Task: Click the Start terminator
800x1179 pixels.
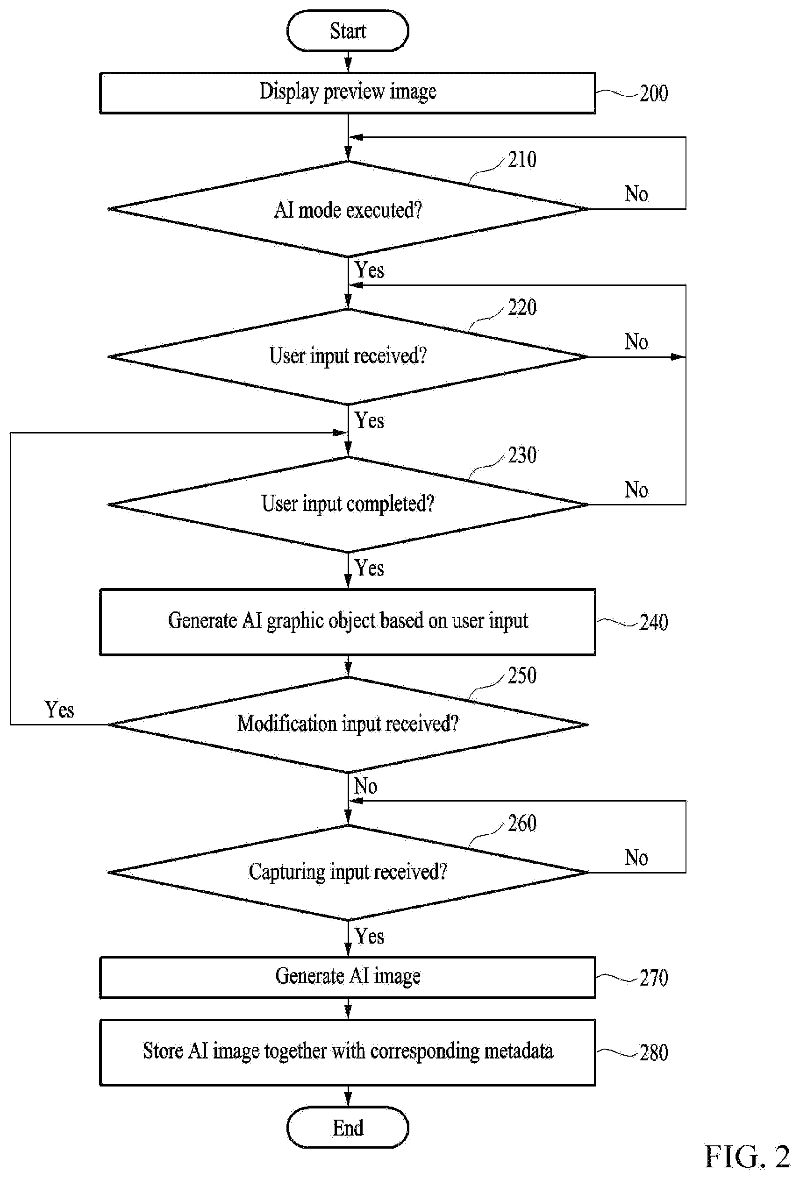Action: click(348, 31)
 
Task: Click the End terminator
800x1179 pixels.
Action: click(348, 1127)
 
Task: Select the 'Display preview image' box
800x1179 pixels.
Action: click(348, 93)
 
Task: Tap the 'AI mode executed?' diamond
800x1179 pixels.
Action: click(348, 209)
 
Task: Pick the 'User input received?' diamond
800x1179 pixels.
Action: click(348, 356)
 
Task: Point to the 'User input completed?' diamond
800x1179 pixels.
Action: click(348, 504)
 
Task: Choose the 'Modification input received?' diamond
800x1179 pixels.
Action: click(348, 724)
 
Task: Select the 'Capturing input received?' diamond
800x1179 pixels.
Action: click(348, 873)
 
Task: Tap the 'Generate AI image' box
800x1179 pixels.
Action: click(348, 978)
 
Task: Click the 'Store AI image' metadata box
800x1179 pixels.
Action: click(348, 1052)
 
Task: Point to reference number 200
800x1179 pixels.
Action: click(654, 94)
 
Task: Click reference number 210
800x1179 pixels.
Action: click(522, 159)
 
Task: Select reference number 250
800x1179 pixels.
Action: click(522, 676)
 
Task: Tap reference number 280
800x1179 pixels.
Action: click(654, 1053)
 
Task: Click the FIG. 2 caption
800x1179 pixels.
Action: click(747, 1157)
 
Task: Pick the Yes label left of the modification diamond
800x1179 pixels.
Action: click(59, 710)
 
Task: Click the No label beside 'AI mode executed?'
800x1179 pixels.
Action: click(636, 194)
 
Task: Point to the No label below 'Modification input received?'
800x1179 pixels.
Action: click(365, 786)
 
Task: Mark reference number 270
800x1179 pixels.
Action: click(654, 978)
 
